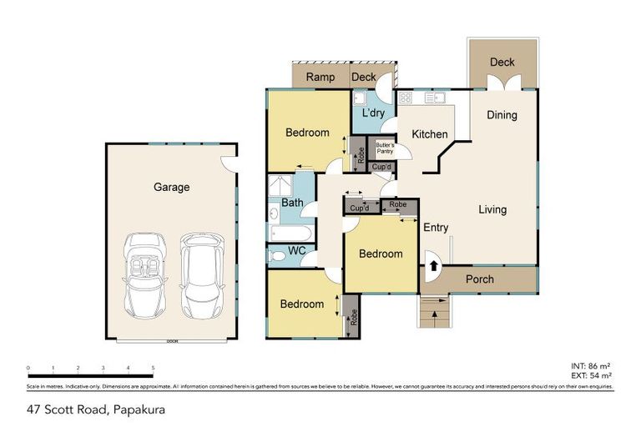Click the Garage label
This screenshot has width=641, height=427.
click(171, 187)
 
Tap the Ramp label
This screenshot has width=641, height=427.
click(320, 78)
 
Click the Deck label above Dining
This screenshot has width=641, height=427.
click(502, 62)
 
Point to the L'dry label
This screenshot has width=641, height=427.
click(373, 113)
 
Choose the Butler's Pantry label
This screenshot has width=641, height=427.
click(383, 148)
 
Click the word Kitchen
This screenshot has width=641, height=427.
click(430, 134)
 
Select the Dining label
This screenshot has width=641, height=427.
click(502, 115)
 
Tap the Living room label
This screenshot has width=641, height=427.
click(492, 209)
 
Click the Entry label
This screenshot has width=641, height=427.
click(436, 228)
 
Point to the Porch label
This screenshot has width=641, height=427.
click(479, 279)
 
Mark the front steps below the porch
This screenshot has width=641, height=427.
click(433, 313)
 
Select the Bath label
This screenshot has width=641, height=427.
click(292, 202)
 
